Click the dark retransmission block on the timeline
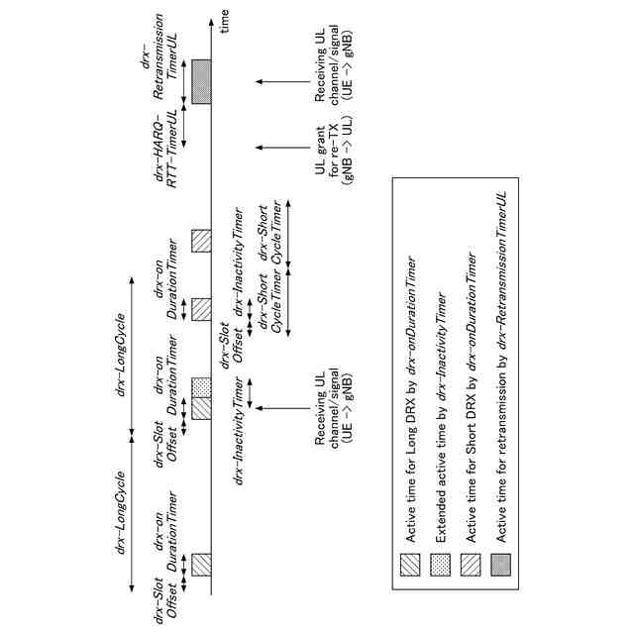pos(201,78)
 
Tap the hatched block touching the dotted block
pos(201,408)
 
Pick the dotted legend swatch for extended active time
pos(442,563)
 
